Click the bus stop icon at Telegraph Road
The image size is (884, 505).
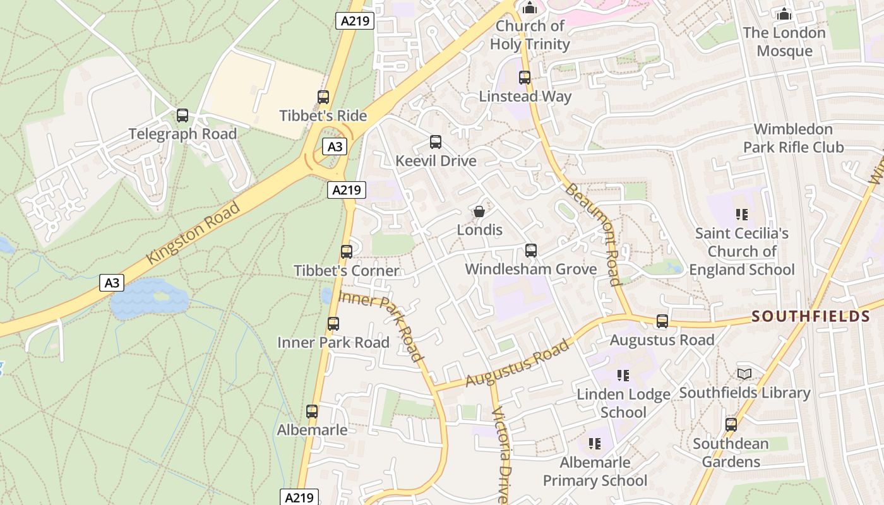[x=182, y=116]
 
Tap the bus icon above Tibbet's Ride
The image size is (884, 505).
[x=323, y=97]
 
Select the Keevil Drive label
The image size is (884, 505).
[x=436, y=161]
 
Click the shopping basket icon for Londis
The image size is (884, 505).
[x=479, y=211]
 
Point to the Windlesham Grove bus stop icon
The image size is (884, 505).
[x=531, y=251]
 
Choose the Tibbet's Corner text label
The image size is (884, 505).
[x=347, y=271]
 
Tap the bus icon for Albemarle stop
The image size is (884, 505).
[x=312, y=412]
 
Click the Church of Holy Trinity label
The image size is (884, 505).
[x=530, y=35]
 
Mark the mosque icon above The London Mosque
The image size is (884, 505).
[x=784, y=14]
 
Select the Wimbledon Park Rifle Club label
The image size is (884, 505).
[x=793, y=138]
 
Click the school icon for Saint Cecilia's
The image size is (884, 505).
[x=742, y=215]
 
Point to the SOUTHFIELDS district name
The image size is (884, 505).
[x=811, y=316]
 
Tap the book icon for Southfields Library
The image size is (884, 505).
[x=744, y=374]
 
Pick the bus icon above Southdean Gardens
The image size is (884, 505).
[x=731, y=425]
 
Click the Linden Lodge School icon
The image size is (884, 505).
[x=623, y=376]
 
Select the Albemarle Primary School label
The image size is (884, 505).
[x=595, y=472]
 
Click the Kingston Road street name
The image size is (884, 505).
[x=193, y=233]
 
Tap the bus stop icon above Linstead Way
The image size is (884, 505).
[x=525, y=78]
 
